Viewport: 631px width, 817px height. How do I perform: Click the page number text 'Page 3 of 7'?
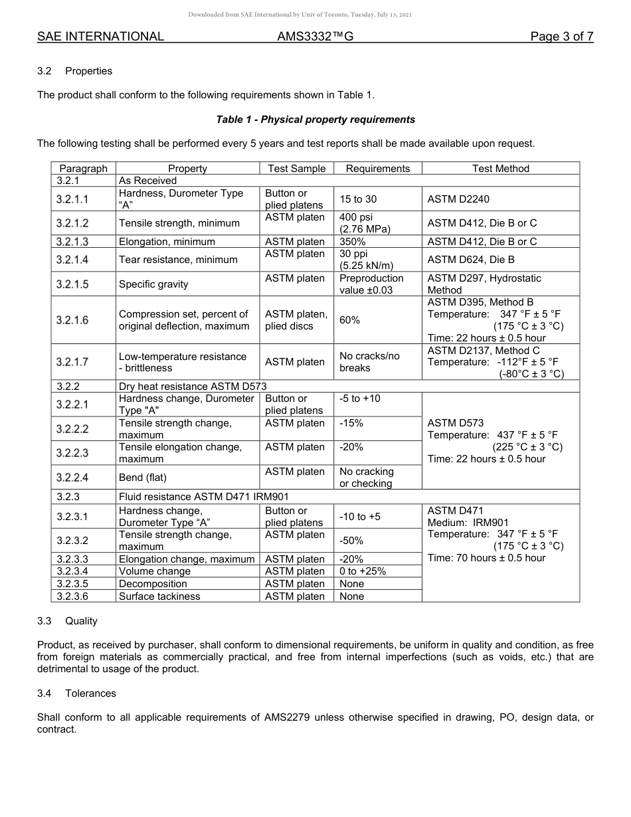pyautogui.click(x=561, y=37)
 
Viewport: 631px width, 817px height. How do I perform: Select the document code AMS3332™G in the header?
pyautogui.click(x=315, y=37)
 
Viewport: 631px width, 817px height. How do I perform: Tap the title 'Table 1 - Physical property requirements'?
pyautogui.click(x=315, y=120)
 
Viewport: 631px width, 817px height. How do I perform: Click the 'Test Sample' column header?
pyautogui.click(x=296, y=169)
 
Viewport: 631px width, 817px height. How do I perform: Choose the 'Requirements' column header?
pyautogui.click(x=377, y=169)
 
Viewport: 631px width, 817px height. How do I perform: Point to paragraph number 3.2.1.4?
pyautogui.click(x=72, y=260)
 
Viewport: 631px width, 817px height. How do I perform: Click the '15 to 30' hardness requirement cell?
pyautogui.click(x=359, y=199)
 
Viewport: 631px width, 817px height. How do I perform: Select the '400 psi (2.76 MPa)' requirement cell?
pyautogui.click(x=365, y=223)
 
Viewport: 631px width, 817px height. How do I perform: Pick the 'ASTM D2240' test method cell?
pyautogui.click(x=458, y=199)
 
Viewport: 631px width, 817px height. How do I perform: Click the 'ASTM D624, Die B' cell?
pyautogui.click(x=470, y=260)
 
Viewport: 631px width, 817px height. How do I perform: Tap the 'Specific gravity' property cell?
pyautogui.click(x=153, y=284)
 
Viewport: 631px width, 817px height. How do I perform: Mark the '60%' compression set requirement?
pyautogui.click(x=349, y=320)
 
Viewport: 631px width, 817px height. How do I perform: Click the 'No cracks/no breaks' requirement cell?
pyautogui.click(x=369, y=362)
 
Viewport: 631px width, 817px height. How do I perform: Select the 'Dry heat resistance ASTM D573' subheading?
pyautogui.click(x=193, y=387)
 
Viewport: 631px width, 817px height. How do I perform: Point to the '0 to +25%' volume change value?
pyautogui.click(x=362, y=571)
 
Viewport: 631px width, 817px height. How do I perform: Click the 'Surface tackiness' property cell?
pyautogui.click(x=159, y=596)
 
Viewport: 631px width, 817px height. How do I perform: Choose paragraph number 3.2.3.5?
pyautogui.click(x=72, y=584)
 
